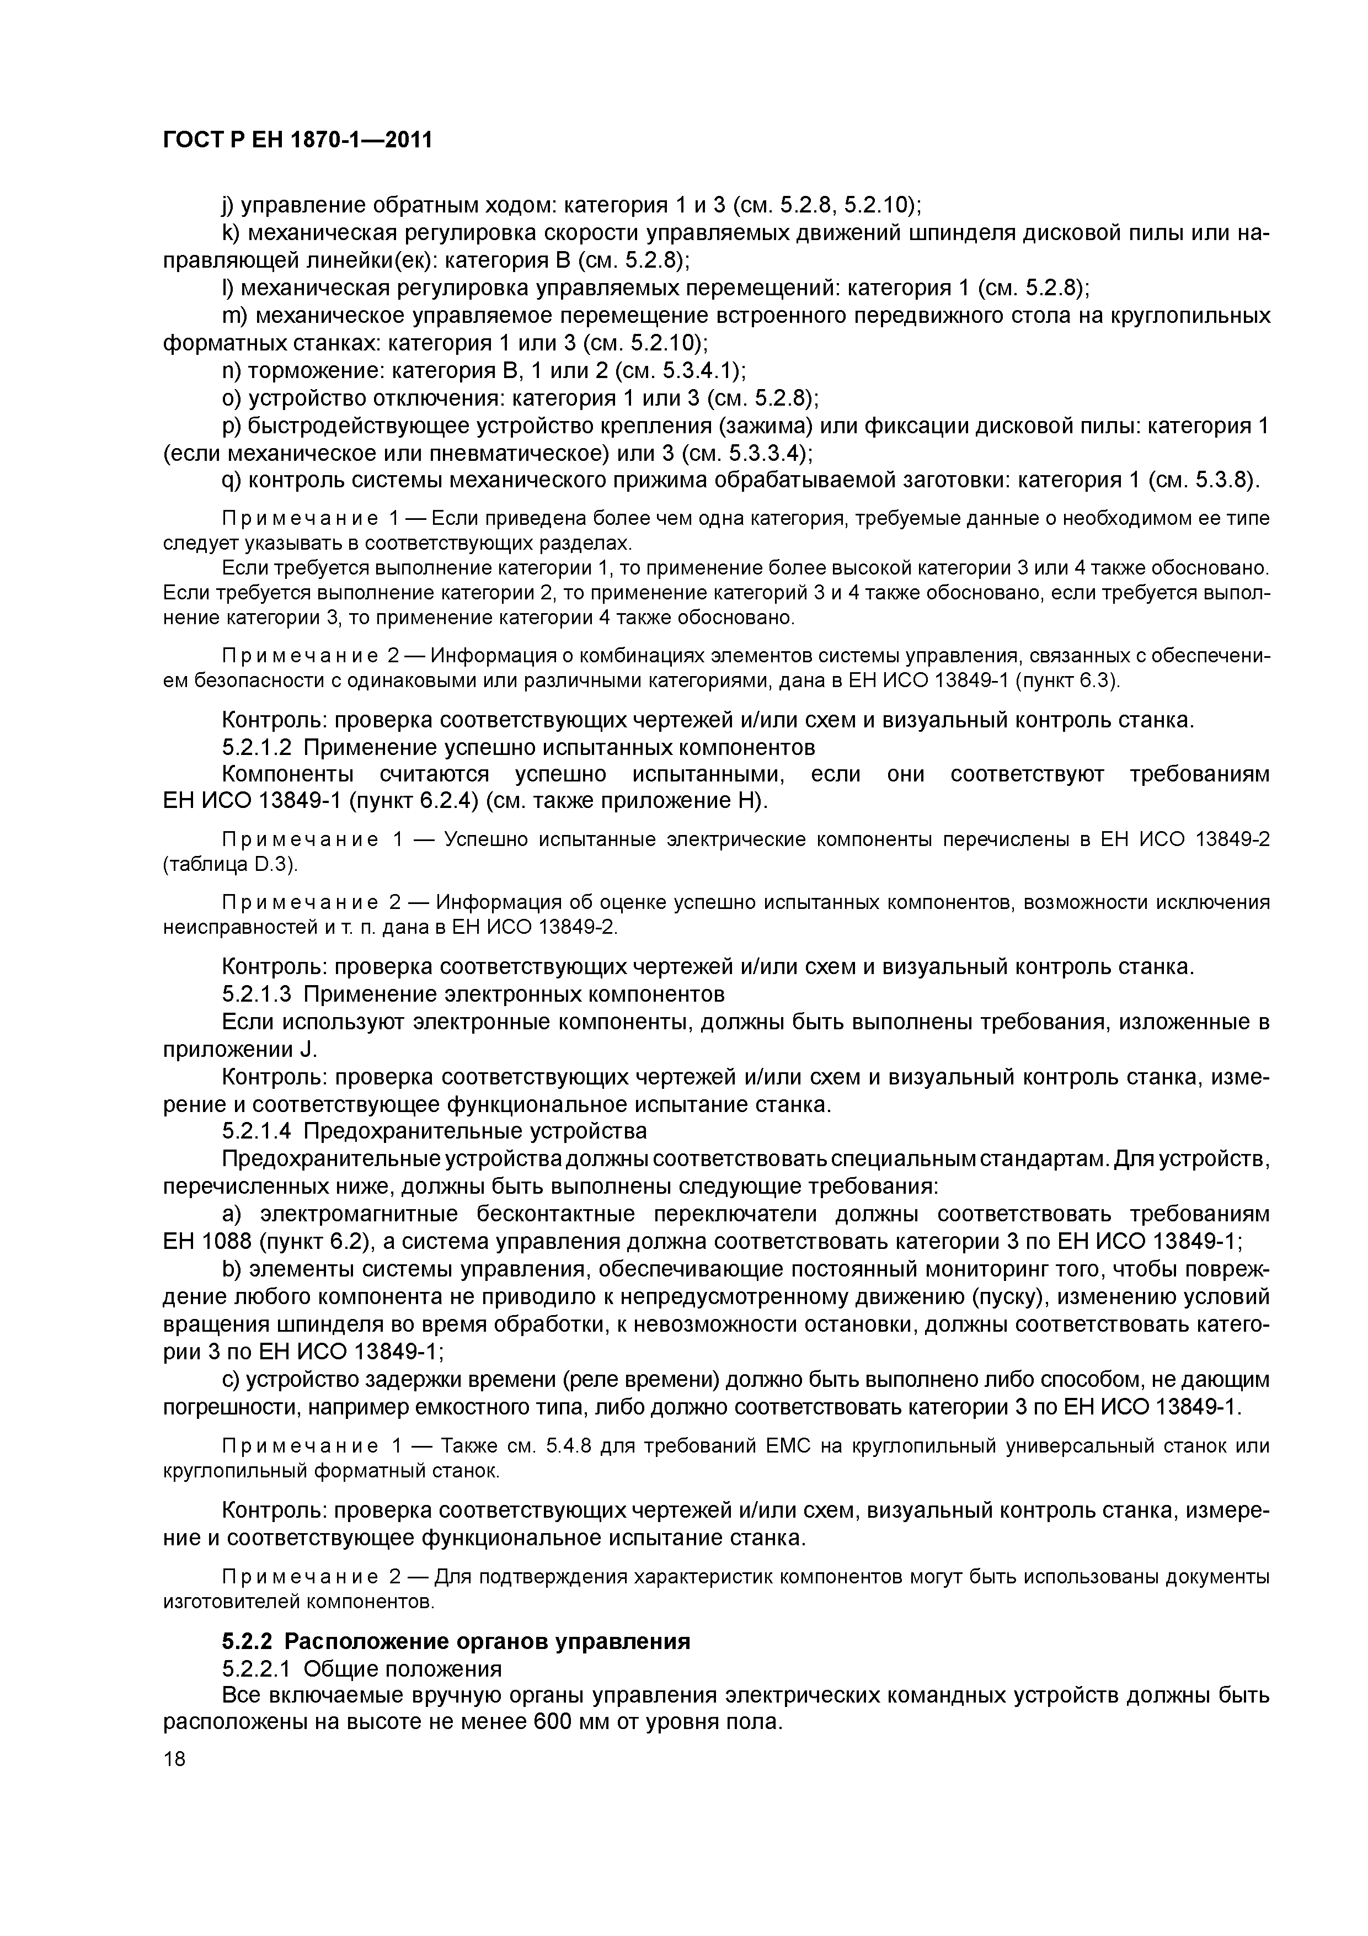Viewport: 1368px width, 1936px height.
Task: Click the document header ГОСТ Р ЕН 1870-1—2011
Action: click(297, 140)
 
